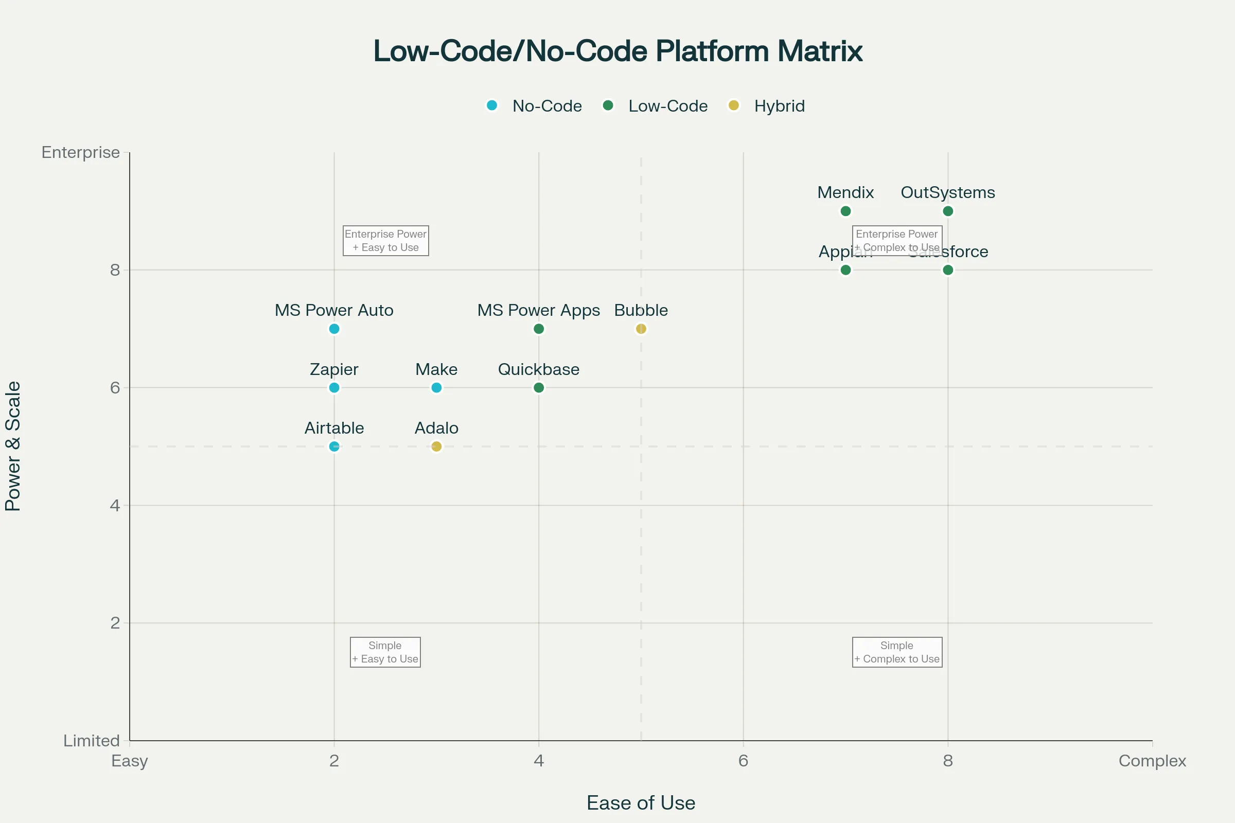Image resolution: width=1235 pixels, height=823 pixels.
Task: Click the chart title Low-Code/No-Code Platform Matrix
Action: [617, 51]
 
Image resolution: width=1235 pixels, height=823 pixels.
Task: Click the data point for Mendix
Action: [845, 211]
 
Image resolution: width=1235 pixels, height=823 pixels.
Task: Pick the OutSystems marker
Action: [948, 211]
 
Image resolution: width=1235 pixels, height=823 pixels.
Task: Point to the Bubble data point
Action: [641, 329]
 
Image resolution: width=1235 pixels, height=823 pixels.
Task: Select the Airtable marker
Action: [334, 446]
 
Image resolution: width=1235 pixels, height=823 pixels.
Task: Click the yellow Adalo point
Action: [436, 446]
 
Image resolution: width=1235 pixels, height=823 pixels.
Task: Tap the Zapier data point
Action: [334, 388]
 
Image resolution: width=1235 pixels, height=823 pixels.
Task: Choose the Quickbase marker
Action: [539, 388]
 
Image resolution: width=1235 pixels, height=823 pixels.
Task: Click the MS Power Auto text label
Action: [334, 310]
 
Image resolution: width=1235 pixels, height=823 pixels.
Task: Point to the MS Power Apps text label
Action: [538, 310]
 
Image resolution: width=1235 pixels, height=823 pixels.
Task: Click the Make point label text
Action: [436, 369]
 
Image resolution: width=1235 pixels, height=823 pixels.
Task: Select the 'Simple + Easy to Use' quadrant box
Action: [385, 652]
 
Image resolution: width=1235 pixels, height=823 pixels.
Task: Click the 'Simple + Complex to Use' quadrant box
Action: [897, 652]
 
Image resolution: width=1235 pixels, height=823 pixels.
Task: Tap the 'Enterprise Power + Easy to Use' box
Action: [385, 241]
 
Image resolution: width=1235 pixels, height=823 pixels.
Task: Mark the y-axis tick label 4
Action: [115, 506]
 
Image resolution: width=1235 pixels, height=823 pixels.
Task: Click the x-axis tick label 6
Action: [743, 761]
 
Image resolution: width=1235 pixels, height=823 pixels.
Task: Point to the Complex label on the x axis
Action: [1152, 761]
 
